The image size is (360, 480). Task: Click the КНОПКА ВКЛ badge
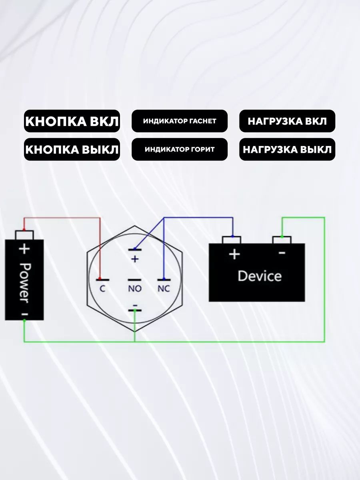pyautogui.click(x=72, y=121)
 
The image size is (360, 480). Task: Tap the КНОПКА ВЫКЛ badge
pyautogui.click(x=72, y=149)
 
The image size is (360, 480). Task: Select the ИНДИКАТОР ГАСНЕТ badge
pyautogui.click(x=180, y=121)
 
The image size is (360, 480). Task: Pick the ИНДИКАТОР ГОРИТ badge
pyautogui.click(x=180, y=149)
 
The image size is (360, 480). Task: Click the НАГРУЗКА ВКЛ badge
pyautogui.click(x=287, y=121)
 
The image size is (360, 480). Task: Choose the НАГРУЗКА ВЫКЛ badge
pyautogui.click(x=287, y=149)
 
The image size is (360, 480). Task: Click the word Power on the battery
pyautogui.click(x=25, y=283)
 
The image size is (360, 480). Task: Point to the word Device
pyautogui.click(x=260, y=276)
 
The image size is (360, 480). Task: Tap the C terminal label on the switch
pyautogui.click(x=102, y=289)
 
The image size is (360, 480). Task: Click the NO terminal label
pyautogui.click(x=135, y=289)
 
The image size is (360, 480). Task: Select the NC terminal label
pyautogui.click(x=164, y=289)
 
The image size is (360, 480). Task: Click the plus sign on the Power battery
pyautogui.click(x=24, y=249)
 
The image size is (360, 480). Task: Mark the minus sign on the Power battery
pyautogui.click(x=25, y=314)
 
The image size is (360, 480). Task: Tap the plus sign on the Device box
pyautogui.click(x=234, y=254)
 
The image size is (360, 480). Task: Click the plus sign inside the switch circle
pyautogui.click(x=135, y=259)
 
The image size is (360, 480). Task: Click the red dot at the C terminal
pyautogui.click(x=100, y=279)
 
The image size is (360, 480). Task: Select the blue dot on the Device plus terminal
pyautogui.click(x=232, y=236)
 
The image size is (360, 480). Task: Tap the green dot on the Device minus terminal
pyautogui.click(x=282, y=237)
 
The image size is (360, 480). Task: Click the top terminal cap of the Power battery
pyautogui.click(x=24, y=235)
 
